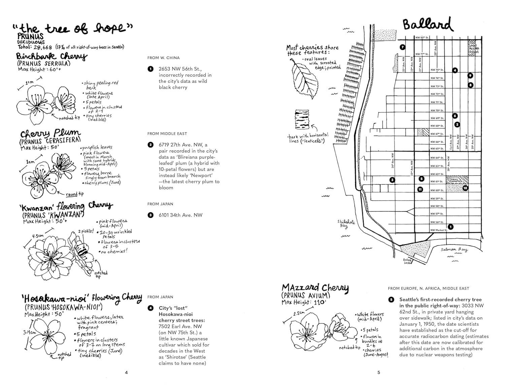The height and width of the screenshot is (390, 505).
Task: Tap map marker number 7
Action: (x=402, y=47)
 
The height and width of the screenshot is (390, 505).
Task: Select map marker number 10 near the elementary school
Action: (x=465, y=188)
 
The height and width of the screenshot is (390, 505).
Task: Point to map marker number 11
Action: (x=420, y=189)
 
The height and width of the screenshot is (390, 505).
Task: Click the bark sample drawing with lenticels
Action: (x=302, y=120)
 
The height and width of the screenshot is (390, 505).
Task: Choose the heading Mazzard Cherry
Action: (x=315, y=288)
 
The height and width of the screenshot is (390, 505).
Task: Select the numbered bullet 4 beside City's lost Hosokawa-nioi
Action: (x=150, y=308)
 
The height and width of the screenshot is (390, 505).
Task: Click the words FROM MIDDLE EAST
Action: (x=167, y=134)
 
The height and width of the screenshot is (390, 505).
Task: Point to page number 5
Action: (x=378, y=373)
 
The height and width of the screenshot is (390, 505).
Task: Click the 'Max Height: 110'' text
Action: (x=304, y=303)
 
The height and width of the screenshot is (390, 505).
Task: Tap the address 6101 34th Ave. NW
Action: (x=180, y=215)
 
